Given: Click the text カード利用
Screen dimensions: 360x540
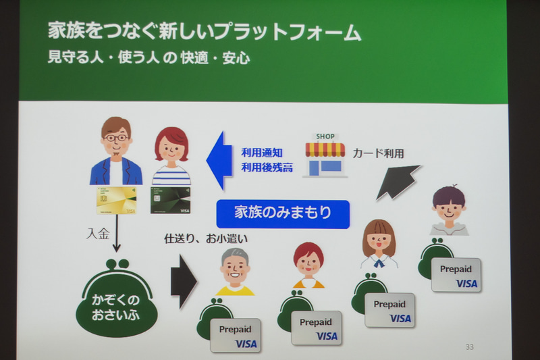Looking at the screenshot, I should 378,153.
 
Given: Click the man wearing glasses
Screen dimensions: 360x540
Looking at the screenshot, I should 115,151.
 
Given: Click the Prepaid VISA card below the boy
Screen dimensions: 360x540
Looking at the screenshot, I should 456,275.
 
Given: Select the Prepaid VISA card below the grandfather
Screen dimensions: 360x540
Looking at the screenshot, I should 235,335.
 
